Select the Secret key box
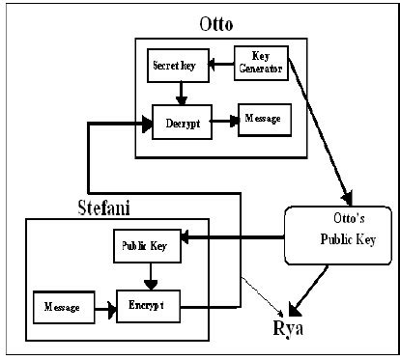pyautogui.click(x=176, y=67)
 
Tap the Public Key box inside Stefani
pyautogui.click(x=145, y=246)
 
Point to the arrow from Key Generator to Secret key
pyautogui.click(x=220, y=66)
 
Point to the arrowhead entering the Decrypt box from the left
pyautogui.click(x=145, y=123)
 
